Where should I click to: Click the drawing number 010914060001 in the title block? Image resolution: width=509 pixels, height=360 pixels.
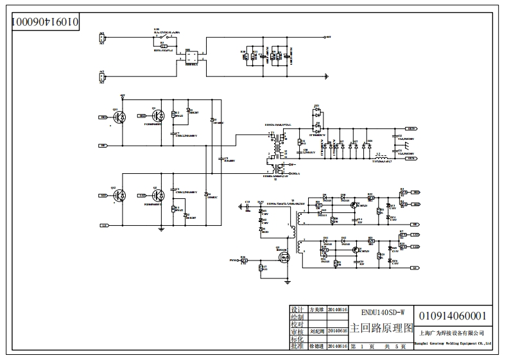[453, 316]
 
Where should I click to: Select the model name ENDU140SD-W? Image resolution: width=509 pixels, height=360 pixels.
[383, 313]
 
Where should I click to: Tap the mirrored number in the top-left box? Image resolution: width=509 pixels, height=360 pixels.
[45, 21]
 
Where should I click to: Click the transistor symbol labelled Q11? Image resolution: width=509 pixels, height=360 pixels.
[122, 117]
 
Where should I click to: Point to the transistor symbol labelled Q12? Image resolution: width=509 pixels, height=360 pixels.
[122, 196]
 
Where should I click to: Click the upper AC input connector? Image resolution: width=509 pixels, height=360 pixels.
[101, 38]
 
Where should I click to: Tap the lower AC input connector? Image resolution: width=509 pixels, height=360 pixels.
[101, 77]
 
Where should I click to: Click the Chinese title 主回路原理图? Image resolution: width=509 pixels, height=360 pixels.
[383, 328]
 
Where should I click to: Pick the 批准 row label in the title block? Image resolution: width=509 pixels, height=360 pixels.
[297, 346]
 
